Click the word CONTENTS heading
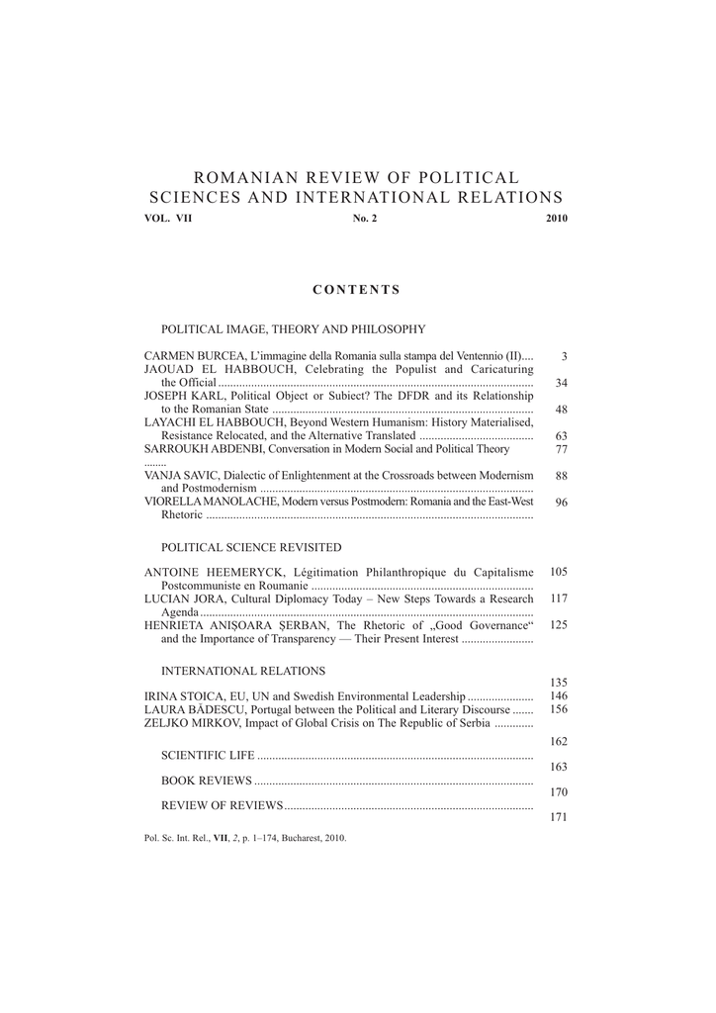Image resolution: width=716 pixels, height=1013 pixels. point(356,290)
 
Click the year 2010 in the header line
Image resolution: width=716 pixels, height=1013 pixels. point(557,219)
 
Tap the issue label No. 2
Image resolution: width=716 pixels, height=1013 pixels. point(365,219)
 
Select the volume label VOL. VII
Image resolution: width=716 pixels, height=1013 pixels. point(168,219)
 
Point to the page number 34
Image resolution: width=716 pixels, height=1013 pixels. point(562,383)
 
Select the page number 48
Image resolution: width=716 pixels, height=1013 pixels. point(562,409)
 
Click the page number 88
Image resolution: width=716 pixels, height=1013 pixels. point(562,476)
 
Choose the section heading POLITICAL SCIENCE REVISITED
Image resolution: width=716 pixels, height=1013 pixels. point(251,547)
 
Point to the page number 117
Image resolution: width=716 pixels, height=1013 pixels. point(559,599)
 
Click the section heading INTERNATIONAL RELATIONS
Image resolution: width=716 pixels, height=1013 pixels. point(243,671)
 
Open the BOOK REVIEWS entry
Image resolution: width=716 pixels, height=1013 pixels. point(206,781)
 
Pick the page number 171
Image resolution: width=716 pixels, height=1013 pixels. point(559,818)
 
